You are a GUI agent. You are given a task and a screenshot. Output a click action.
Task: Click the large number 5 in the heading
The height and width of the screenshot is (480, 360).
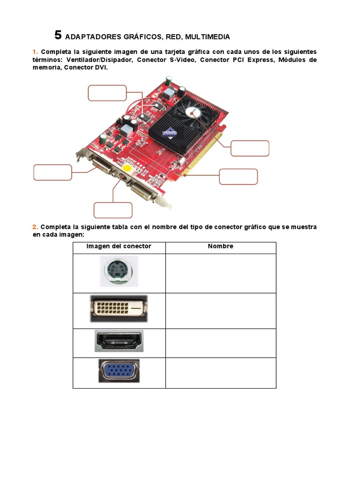tap(58, 35)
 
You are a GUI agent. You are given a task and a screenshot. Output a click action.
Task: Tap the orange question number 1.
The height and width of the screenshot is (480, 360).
tap(35, 52)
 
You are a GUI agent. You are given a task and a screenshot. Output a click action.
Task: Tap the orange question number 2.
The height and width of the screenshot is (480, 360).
tap(35, 227)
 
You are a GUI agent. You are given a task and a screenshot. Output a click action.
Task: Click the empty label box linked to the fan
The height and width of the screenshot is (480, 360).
tap(250, 148)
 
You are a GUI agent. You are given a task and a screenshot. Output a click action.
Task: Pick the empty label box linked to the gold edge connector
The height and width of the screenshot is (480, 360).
tap(238, 177)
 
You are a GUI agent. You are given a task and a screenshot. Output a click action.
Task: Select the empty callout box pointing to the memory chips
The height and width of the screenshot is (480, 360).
tap(107, 93)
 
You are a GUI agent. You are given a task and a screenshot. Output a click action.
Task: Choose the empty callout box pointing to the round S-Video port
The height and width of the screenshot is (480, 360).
tap(113, 210)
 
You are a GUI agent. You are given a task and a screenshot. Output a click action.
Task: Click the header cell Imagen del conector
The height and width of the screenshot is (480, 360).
tap(119, 247)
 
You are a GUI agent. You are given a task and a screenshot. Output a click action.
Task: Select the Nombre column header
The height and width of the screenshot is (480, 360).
tap(220, 247)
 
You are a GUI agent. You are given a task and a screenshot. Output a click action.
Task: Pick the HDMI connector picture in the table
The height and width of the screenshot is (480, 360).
tap(119, 341)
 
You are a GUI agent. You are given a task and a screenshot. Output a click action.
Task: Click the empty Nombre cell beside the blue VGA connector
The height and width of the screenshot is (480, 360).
tap(220, 373)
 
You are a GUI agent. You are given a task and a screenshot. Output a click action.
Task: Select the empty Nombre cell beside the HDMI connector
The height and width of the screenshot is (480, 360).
tap(220, 343)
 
